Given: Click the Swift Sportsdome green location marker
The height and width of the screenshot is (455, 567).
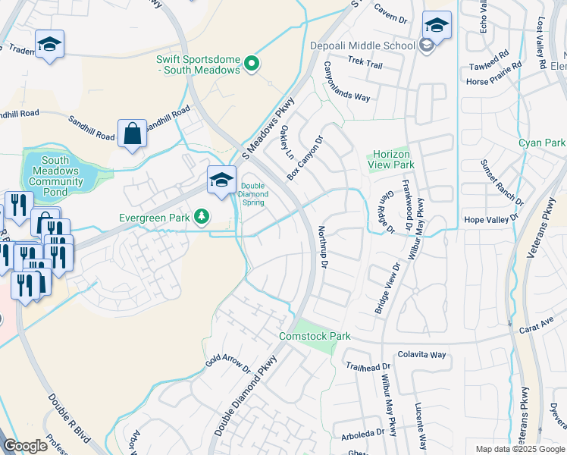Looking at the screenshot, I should click(252, 64).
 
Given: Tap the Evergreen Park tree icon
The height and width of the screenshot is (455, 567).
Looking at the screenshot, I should click(201, 218).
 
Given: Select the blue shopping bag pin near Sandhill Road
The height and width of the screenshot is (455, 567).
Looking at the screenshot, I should click(132, 133).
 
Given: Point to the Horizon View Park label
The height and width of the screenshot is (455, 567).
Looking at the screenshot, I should click(390, 159).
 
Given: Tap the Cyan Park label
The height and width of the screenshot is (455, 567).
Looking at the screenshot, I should click(542, 143).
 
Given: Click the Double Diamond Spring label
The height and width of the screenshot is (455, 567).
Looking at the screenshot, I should click(254, 193).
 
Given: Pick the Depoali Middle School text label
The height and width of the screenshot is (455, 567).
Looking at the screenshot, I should click(362, 45).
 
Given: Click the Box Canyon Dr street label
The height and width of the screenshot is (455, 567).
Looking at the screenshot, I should click(305, 158).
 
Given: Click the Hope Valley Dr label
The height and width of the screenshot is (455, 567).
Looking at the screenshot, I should click(490, 218).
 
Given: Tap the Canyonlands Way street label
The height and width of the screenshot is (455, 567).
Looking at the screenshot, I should click(346, 82).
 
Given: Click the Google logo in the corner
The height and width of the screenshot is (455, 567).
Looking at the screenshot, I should click(25, 446).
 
